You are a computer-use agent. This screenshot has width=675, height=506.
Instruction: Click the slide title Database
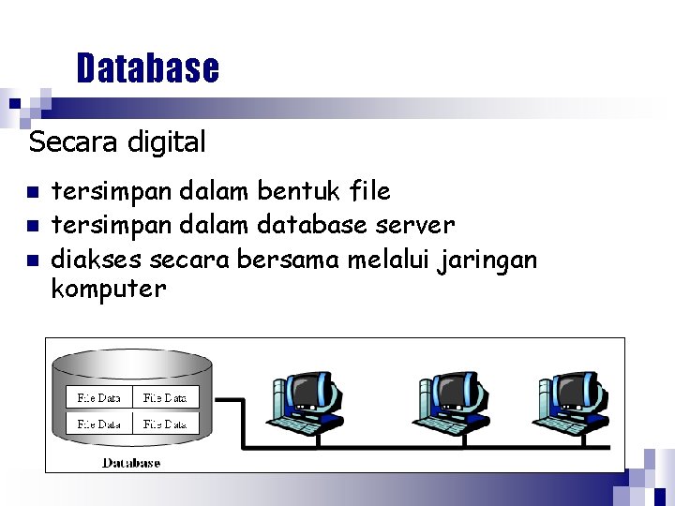pyautogui.click(x=148, y=68)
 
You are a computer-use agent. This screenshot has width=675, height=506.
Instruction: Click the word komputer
pyautogui.click(x=108, y=289)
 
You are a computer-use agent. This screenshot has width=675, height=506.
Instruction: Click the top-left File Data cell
pyautogui.click(x=98, y=397)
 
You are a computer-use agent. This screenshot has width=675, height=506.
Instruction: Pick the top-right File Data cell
pyautogui.click(x=165, y=397)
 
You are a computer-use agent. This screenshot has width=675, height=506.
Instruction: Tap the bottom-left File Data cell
pyautogui.click(x=98, y=424)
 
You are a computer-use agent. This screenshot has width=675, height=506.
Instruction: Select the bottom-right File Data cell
pyautogui.click(x=165, y=424)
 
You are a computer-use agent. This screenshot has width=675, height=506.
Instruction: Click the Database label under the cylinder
pyautogui.click(x=131, y=462)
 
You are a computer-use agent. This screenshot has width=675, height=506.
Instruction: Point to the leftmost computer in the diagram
pyautogui.click(x=306, y=403)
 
